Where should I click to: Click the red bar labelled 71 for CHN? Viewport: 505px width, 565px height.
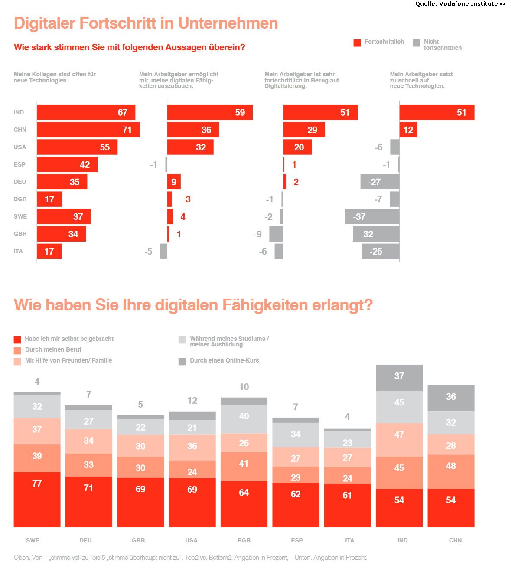pyautogui.click(x=88, y=129)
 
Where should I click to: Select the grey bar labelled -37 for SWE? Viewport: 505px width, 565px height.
pyautogui.click(x=372, y=216)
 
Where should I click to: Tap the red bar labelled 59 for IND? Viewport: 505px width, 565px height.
pyautogui.click(x=210, y=112)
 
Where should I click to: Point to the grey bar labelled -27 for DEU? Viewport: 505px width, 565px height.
pyautogui.click(x=380, y=182)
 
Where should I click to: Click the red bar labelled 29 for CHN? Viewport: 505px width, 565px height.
pyautogui.click(x=304, y=129)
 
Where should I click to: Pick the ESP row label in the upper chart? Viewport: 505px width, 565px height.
pyautogui.click(x=20, y=164)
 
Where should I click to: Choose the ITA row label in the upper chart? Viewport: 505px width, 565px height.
pyautogui.click(x=18, y=251)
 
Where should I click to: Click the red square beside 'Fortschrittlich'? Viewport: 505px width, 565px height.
pyautogui.click(x=357, y=43)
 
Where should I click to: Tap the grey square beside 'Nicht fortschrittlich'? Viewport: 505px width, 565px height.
pyautogui.click(x=416, y=43)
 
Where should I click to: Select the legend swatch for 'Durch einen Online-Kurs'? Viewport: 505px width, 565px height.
pyautogui.click(x=182, y=362)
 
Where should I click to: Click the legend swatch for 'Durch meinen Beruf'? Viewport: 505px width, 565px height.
pyautogui.click(x=17, y=350)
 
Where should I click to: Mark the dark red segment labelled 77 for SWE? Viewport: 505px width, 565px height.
pyautogui.click(x=37, y=499)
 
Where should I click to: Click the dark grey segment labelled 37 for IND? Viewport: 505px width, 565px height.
pyautogui.click(x=399, y=378)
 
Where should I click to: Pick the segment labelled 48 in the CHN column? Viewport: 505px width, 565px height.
pyautogui.click(x=451, y=472)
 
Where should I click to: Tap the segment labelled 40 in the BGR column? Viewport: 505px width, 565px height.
pyautogui.click(x=244, y=418)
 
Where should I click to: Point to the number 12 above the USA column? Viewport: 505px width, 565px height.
pyautogui.click(x=192, y=401)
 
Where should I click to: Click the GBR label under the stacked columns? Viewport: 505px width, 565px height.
pyautogui.click(x=138, y=540)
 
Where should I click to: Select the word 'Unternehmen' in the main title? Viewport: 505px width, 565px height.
pyautogui.click(x=228, y=23)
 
